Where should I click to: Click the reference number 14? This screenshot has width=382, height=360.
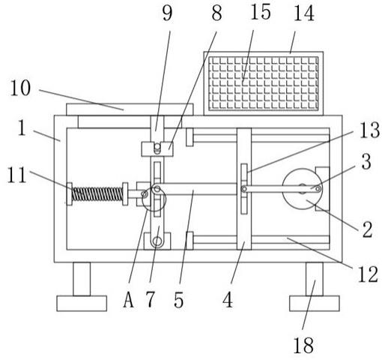pyautogui.click(x=303, y=13)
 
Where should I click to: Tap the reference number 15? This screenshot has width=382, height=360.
pyautogui.click(x=261, y=12)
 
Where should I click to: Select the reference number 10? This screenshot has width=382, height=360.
pyautogui.click(x=20, y=88)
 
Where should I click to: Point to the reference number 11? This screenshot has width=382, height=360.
pyautogui.click(x=17, y=175)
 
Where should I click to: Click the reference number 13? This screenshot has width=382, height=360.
pyautogui.click(x=370, y=130)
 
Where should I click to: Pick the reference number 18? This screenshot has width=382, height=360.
pyautogui.click(x=303, y=345)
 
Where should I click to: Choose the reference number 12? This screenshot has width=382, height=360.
pyautogui.click(x=368, y=274)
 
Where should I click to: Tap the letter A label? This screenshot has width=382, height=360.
pyautogui.click(x=128, y=300)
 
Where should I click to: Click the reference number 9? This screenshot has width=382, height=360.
pyautogui.click(x=167, y=13)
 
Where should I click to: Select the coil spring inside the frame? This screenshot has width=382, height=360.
pyautogui.click(x=97, y=194)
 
